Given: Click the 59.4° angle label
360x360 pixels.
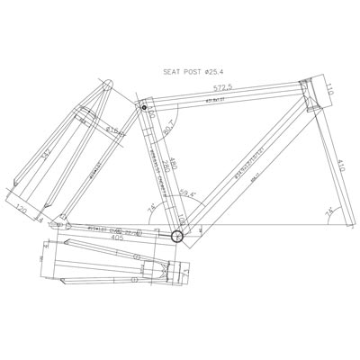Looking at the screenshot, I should coord(187,191).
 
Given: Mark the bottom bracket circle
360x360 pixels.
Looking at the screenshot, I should coord(177,237).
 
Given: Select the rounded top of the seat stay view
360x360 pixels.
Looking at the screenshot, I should coord(106,87).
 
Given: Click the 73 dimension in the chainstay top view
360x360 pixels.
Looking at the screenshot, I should coord(186,266).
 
